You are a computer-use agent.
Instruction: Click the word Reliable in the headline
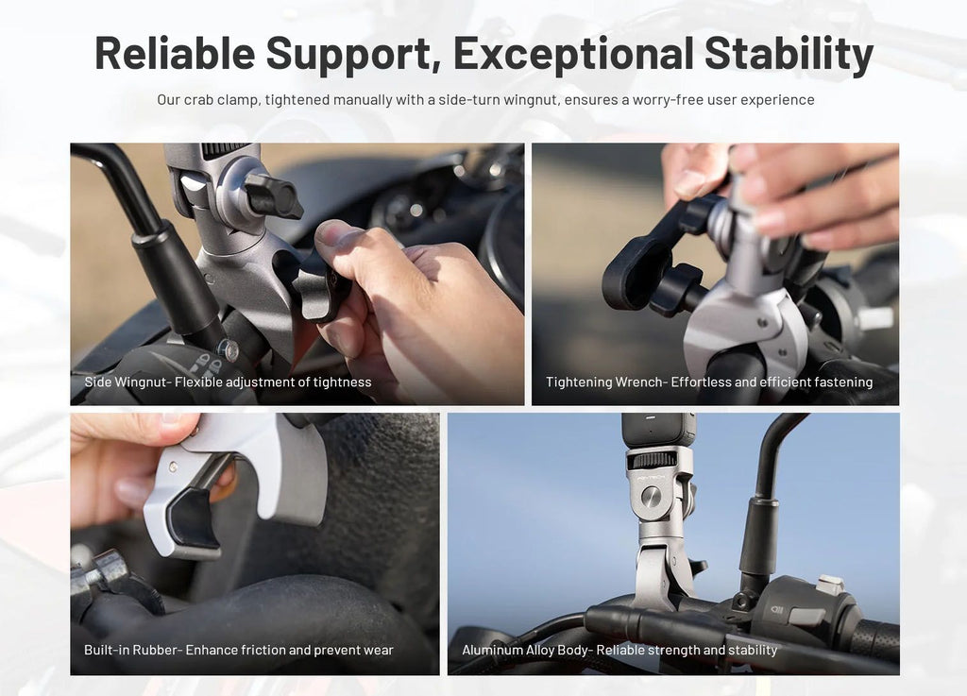(175, 53)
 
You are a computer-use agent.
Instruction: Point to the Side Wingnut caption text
(228, 382)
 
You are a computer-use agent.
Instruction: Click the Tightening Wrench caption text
(709, 382)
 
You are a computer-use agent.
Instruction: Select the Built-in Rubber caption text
(239, 651)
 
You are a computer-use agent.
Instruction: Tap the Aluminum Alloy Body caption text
(619, 651)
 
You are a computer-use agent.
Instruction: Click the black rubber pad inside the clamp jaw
(194, 518)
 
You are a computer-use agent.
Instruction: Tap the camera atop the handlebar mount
(657, 430)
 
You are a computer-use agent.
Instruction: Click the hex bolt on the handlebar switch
(229, 349)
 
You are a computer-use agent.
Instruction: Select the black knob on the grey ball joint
(273, 195)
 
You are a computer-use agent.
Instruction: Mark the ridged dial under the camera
(652, 460)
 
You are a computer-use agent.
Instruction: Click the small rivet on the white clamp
(174, 467)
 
